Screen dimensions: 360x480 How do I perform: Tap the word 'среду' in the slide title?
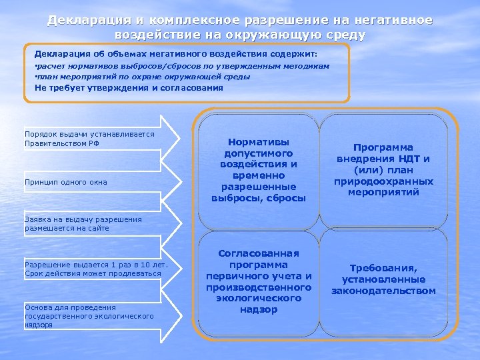click(343, 34)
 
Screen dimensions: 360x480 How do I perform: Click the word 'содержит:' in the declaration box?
click(299, 53)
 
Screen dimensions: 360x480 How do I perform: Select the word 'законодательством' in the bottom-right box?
click(383, 291)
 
